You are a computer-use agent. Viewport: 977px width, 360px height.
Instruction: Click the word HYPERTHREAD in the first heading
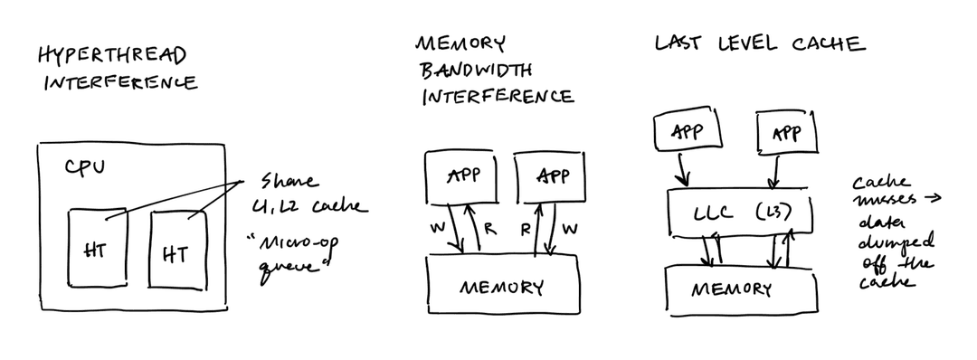112,56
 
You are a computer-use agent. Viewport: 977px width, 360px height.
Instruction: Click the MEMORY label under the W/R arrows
502,288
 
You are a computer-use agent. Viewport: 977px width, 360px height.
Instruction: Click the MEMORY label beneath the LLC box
732,289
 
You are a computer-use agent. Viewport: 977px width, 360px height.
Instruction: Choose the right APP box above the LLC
785,135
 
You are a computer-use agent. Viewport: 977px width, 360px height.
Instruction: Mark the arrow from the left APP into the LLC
684,168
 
